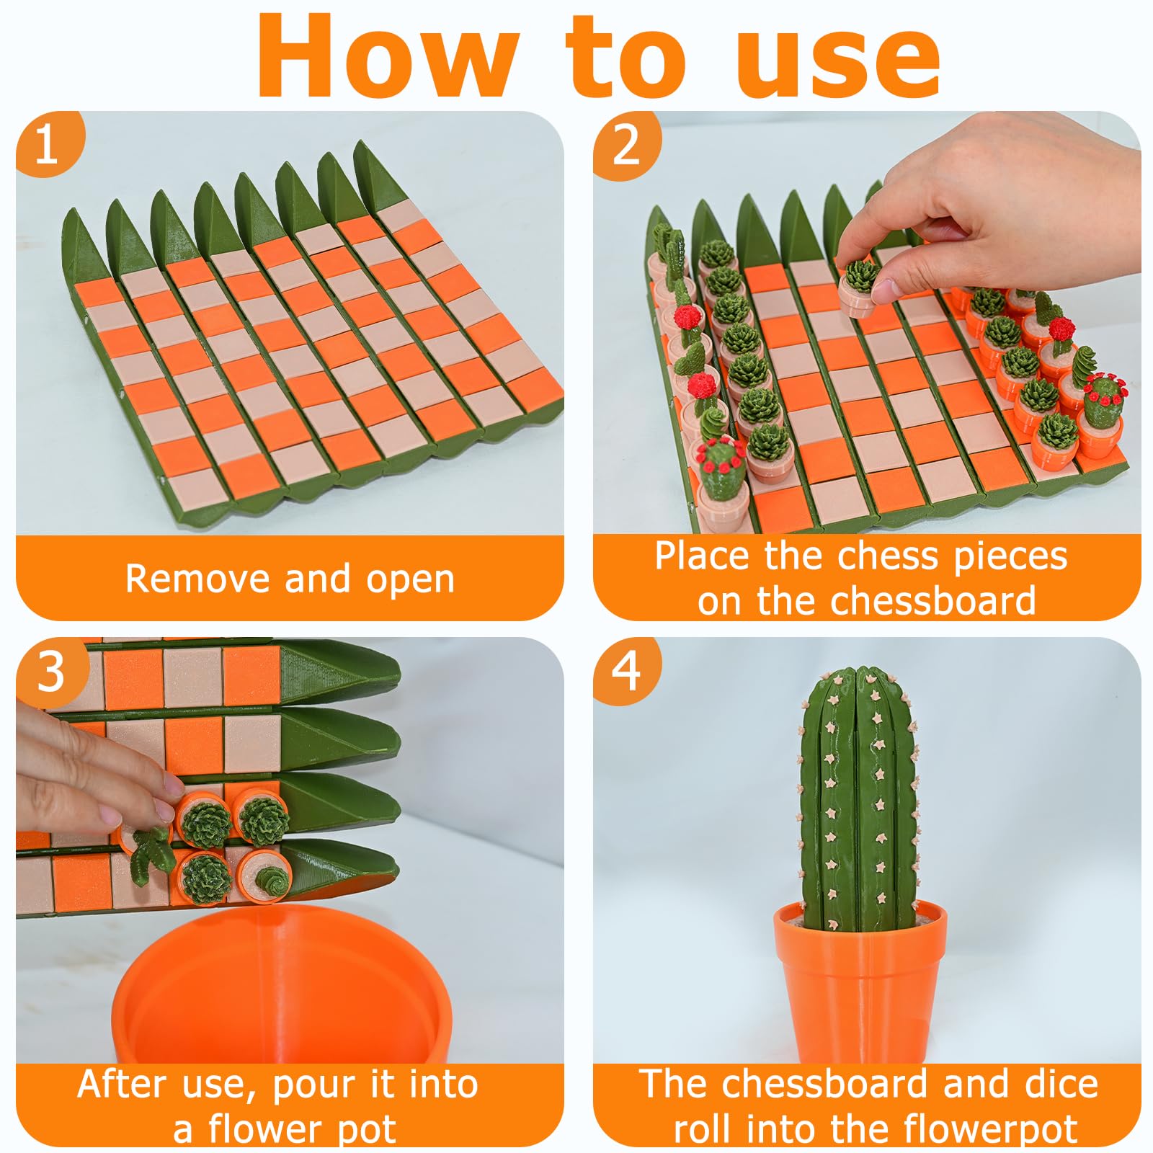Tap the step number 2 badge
tap(626, 144)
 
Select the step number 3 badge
tap(52, 672)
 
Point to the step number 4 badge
tap(626, 670)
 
